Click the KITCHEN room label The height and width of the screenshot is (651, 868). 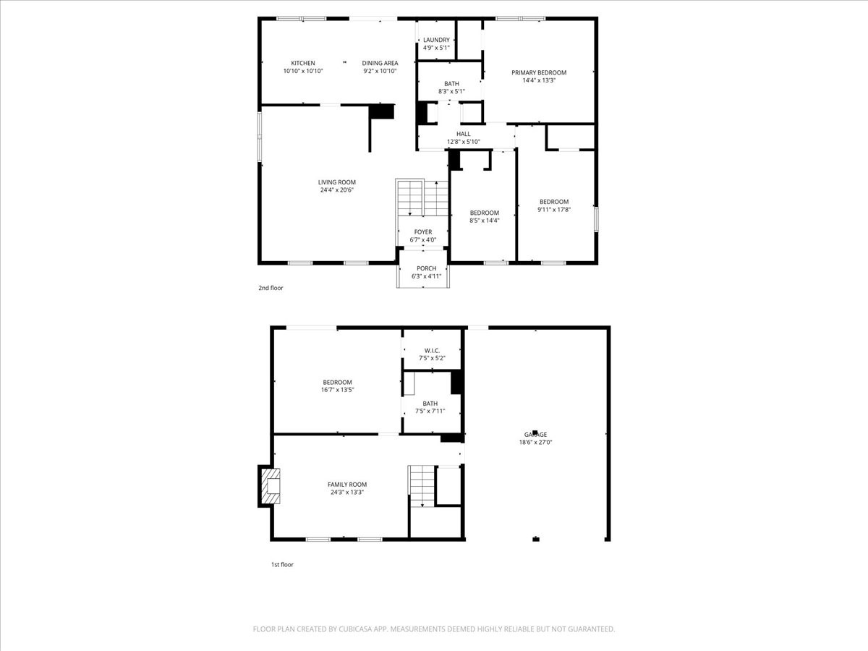pyautogui.click(x=302, y=63)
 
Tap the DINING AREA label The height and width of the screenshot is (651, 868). pyautogui.click(x=380, y=63)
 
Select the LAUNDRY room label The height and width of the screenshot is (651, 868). pyautogui.click(x=436, y=40)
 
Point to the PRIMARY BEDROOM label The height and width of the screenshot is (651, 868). pyautogui.click(x=539, y=72)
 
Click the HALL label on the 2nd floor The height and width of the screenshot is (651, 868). pyautogui.click(x=463, y=134)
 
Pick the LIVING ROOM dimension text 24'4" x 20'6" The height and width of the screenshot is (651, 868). pyautogui.click(x=336, y=190)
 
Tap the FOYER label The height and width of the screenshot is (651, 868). pyautogui.click(x=423, y=232)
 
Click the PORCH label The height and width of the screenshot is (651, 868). pyautogui.click(x=426, y=268)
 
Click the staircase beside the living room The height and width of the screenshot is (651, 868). pyautogui.click(x=422, y=197)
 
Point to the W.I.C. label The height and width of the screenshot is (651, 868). pyautogui.click(x=433, y=351)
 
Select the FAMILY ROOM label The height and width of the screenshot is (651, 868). pyautogui.click(x=347, y=485)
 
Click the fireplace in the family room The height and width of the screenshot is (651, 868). pyautogui.click(x=270, y=486)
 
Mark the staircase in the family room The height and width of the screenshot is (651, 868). pyautogui.click(x=422, y=485)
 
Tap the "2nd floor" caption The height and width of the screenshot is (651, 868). pyautogui.click(x=271, y=288)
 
